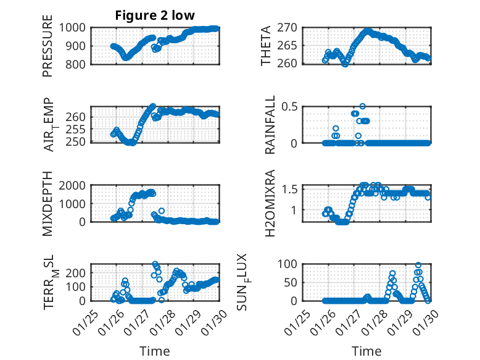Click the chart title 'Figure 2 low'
tap(155, 15)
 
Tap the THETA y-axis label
tap(266, 45)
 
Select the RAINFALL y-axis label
tap(270, 125)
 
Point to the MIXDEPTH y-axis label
tap(48, 203)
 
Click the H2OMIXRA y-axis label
tap(270, 203)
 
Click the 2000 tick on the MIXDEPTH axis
tap(73, 185)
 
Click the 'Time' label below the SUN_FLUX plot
tap(367, 351)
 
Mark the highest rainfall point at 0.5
tap(363, 106)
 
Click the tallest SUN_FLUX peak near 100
tap(418, 266)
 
